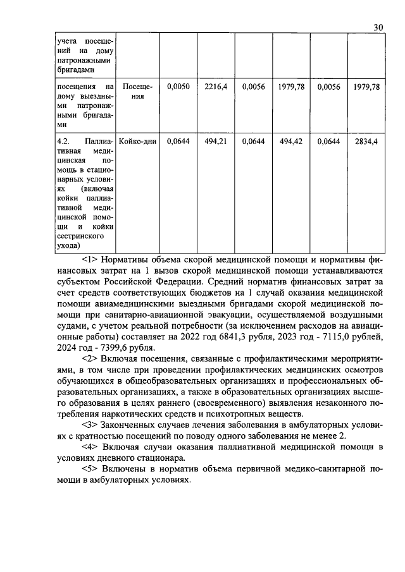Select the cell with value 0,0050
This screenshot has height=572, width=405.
point(178,88)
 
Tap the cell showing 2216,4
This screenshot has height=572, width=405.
point(216,88)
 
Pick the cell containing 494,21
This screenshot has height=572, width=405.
point(216,142)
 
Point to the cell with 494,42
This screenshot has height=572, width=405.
point(291,142)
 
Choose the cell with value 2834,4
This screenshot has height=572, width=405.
point(366,142)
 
